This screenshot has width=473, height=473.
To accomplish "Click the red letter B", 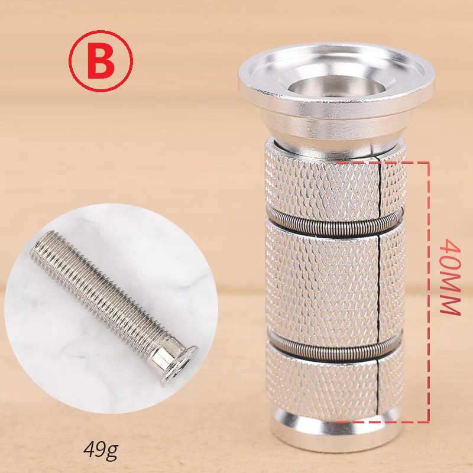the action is click(x=101, y=61).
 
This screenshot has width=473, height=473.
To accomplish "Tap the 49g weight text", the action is click(x=101, y=450).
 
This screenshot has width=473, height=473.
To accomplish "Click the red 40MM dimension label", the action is click(x=450, y=277).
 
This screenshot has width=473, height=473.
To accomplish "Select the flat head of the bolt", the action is click(x=179, y=366).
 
